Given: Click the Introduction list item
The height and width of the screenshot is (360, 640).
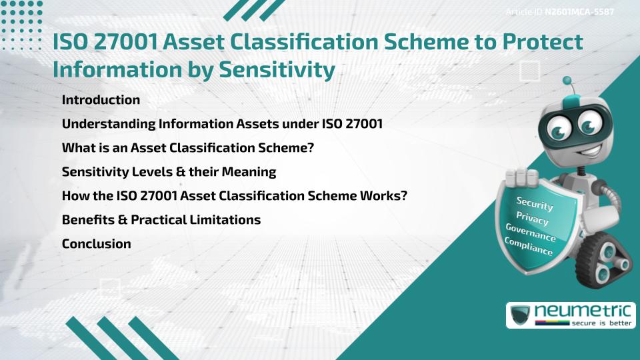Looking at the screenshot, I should coord(101,100).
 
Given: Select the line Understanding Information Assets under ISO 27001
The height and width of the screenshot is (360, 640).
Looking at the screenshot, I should coord(222,124).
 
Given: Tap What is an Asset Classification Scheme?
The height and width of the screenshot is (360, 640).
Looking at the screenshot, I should coord(187,148).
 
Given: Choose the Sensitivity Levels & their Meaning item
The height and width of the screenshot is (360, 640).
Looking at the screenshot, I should coord(169,172).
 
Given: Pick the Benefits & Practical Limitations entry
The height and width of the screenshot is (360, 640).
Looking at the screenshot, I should coord(161,219).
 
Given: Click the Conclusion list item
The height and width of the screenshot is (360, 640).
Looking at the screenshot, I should coord(96,243).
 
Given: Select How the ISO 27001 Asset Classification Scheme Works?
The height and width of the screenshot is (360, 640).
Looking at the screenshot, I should coord(235,195).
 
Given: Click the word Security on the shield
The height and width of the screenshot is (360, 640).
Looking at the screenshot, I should coord(535,204).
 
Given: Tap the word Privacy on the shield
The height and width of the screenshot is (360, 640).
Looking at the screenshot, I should coord(532,219).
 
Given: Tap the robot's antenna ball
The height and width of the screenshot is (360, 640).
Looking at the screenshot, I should coord(568,81).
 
